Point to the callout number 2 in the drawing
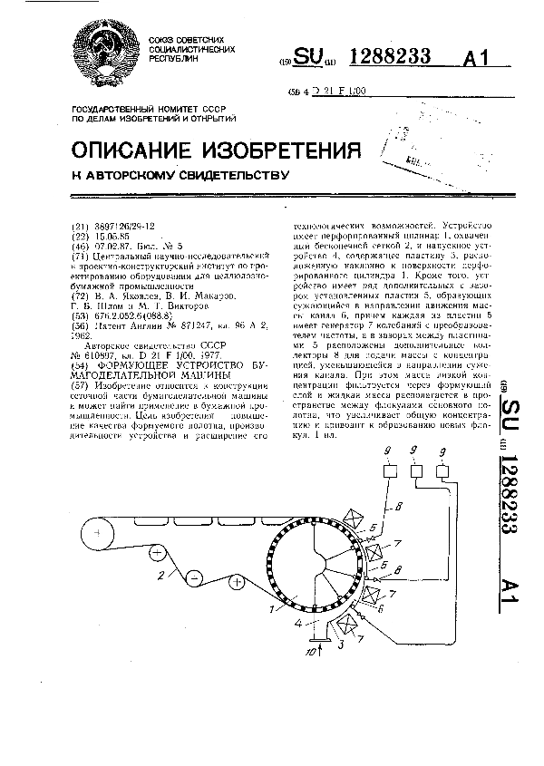tap(161, 576)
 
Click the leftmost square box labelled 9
tap(389, 472)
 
